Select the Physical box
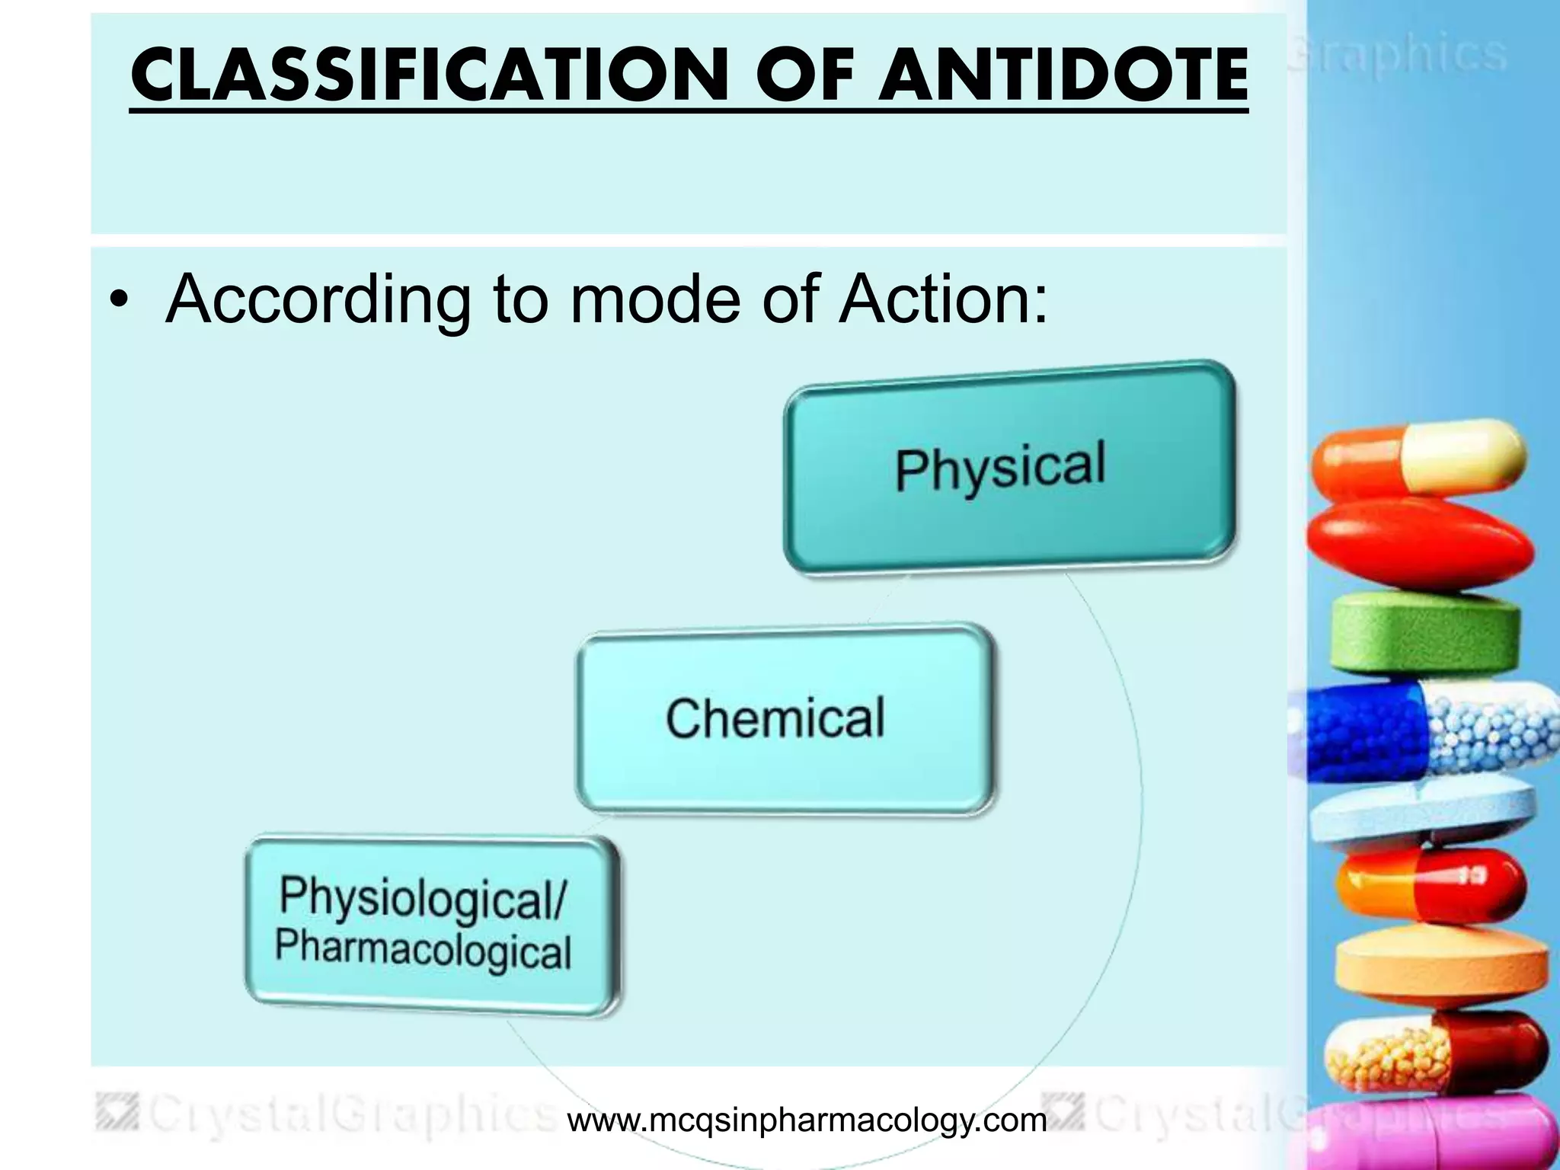pos(1009,467)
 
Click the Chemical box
pos(785,719)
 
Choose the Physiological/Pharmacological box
pos(431,925)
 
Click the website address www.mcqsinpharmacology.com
pos(807,1120)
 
